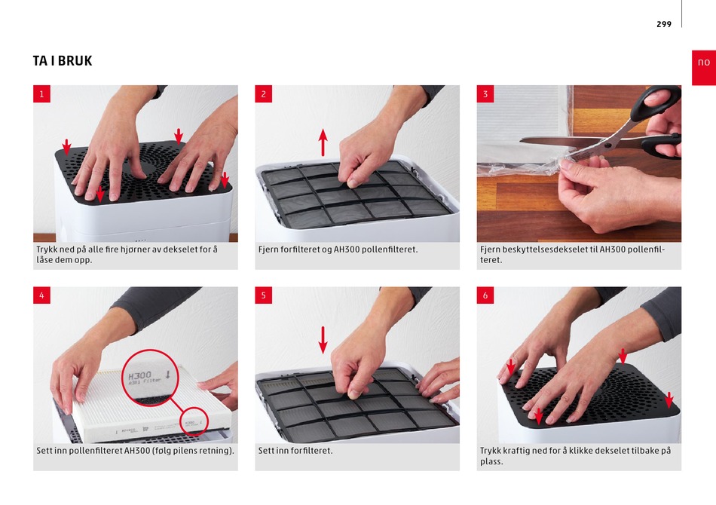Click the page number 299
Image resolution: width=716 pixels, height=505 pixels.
coord(664,24)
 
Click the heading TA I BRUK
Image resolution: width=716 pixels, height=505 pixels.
coord(63,61)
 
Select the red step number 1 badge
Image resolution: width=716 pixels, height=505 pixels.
coord(41,94)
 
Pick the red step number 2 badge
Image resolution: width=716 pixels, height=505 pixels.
coord(264,94)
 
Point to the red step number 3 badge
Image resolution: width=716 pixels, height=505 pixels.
coord(485,94)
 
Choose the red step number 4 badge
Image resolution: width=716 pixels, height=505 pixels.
coord(41,295)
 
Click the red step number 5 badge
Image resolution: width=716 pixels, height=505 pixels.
coord(264,295)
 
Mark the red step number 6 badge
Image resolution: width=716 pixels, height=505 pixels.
coord(485,295)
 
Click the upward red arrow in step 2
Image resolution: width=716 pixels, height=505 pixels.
coord(323,142)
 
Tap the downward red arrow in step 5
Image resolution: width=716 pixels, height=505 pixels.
coord(323,340)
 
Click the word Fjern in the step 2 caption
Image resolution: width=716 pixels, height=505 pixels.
coord(268,249)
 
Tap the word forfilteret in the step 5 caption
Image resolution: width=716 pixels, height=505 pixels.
coord(312,451)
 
